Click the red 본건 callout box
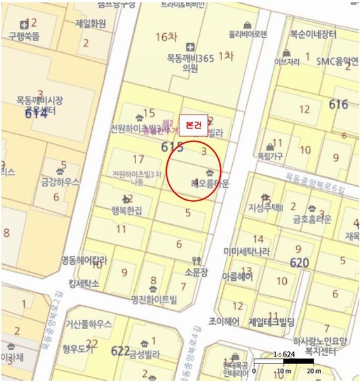[193, 125]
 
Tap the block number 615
[172, 148]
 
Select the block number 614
[36, 114]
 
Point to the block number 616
[338, 104]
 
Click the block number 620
[299, 262]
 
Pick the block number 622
[120, 351]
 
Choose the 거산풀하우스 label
[87, 324]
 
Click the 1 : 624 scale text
[282, 354]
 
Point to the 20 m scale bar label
[313, 371]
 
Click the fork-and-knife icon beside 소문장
[196, 260]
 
